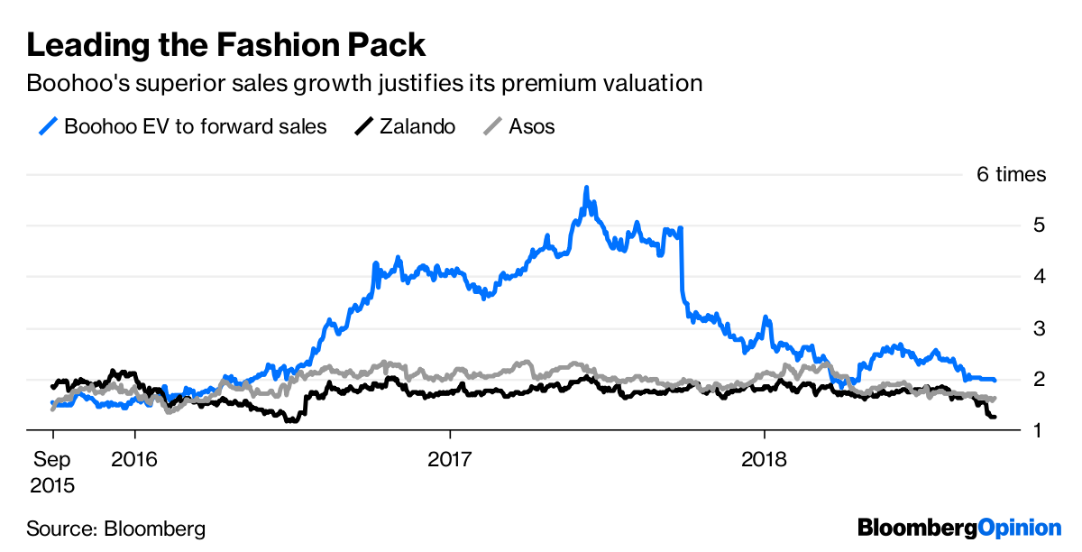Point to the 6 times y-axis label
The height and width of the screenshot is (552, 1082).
(1012, 174)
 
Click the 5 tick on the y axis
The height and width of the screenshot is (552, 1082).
(1039, 225)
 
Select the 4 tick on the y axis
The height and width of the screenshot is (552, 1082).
(1039, 277)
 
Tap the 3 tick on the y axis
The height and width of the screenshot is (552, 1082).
(1039, 328)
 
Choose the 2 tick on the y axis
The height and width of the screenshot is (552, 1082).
(1039, 380)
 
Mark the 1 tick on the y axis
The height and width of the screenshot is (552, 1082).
(1039, 431)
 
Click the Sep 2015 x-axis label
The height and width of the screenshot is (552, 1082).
(52, 472)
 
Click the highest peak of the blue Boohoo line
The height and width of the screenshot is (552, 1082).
(586, 189)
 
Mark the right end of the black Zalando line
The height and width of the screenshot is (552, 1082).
(994, 417)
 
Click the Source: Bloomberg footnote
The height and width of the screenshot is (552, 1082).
(115, 529)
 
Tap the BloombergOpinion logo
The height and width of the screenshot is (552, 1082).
(959, 528)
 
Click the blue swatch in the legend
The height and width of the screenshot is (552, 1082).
(48, 126)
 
